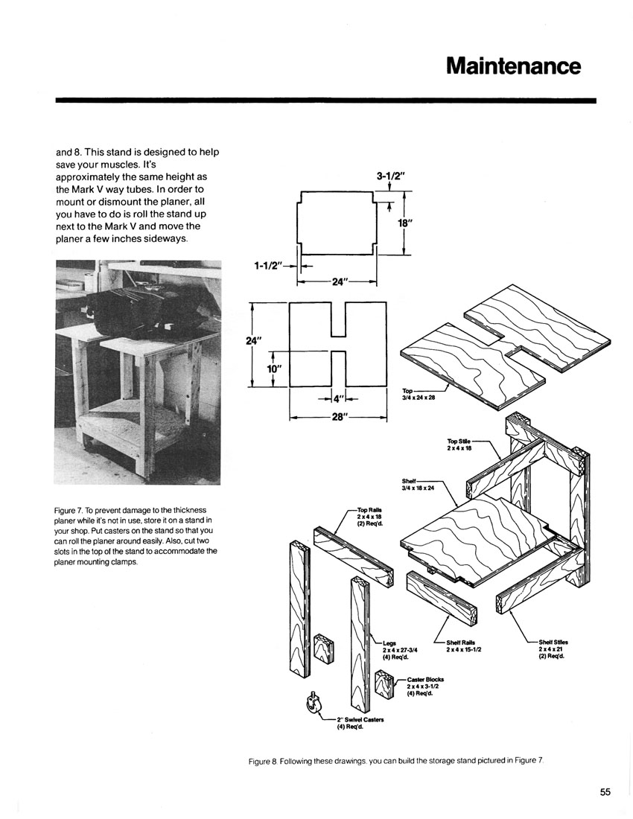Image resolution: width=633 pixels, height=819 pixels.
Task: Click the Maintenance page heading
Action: pyautogui.click(x=513, y=66)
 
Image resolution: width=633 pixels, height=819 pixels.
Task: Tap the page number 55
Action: pyautogui.click(x=605, y=792)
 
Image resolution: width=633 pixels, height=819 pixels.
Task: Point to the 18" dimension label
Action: pyautogui.click(x=406, y=223)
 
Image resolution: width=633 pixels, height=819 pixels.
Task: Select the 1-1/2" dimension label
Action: pyautogui.click(x=268, y=266)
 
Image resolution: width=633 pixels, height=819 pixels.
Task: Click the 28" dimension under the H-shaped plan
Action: pyautogui.click(x=338, y=418)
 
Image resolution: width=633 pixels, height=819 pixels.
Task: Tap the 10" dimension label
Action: pyautogui.click(x=274, y=369)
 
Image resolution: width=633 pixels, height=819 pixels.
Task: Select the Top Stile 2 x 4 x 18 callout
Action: pyautogui.click(x=459, y=444)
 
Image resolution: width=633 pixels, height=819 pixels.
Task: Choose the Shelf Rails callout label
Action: pyautogui.click(x=460, y=646)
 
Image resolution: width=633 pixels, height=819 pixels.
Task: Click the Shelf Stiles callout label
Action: pyautogui.click(x=553, y=648)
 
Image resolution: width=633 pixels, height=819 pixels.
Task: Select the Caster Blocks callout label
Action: pyautogui.click(x=424, y=686)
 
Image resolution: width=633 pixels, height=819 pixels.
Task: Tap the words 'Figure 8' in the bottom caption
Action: pyautogui.click(x=262, y=762)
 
